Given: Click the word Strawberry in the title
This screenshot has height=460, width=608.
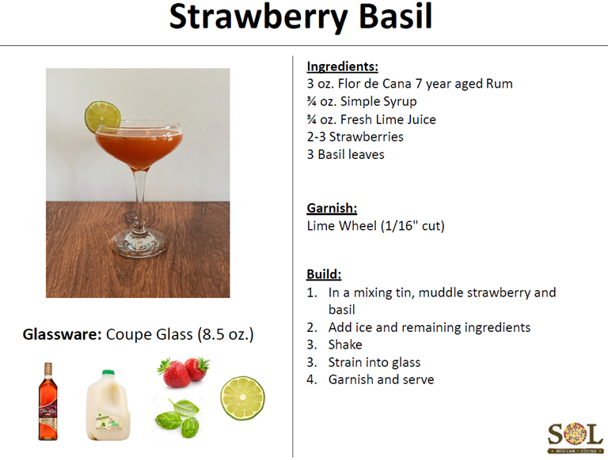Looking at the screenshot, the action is click(x=258, y=17).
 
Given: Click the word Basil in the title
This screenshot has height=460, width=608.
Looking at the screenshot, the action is click(x=395, y=17).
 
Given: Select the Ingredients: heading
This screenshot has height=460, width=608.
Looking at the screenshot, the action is click(x=342, y=66).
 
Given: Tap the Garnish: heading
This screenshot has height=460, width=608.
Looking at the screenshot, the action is click(x=332, y=209).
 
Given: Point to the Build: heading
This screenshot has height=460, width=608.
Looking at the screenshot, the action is click(x=324, y=274).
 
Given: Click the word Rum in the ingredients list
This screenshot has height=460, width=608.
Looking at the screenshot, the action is click(x=500, y=84).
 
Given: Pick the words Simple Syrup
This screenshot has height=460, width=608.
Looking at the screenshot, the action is click(x=378, y=101).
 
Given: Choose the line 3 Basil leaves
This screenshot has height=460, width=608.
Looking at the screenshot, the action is click(x=345, y=154).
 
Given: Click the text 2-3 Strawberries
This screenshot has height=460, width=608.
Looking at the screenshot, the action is click(x=355, y=137).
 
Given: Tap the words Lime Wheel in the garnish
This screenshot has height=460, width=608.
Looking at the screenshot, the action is click(x=342, y=226).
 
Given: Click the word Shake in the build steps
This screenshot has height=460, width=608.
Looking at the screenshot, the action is click(x=345, y=345).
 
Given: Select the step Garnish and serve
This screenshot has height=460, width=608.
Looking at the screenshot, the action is click(x=381, y=379).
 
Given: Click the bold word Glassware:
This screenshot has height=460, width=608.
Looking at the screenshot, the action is click(x=62, y=334).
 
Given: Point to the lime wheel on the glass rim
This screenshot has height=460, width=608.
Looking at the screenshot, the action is click(x=102, y=116).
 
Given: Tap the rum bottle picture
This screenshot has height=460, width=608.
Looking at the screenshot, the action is click(x=47, y=402).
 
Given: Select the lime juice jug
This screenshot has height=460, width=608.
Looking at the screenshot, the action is click(x=108, y=405).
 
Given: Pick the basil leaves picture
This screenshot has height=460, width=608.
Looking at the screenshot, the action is click(x=177, y=419).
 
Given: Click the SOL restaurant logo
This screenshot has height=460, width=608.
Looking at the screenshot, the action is click(x=575, y=438).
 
